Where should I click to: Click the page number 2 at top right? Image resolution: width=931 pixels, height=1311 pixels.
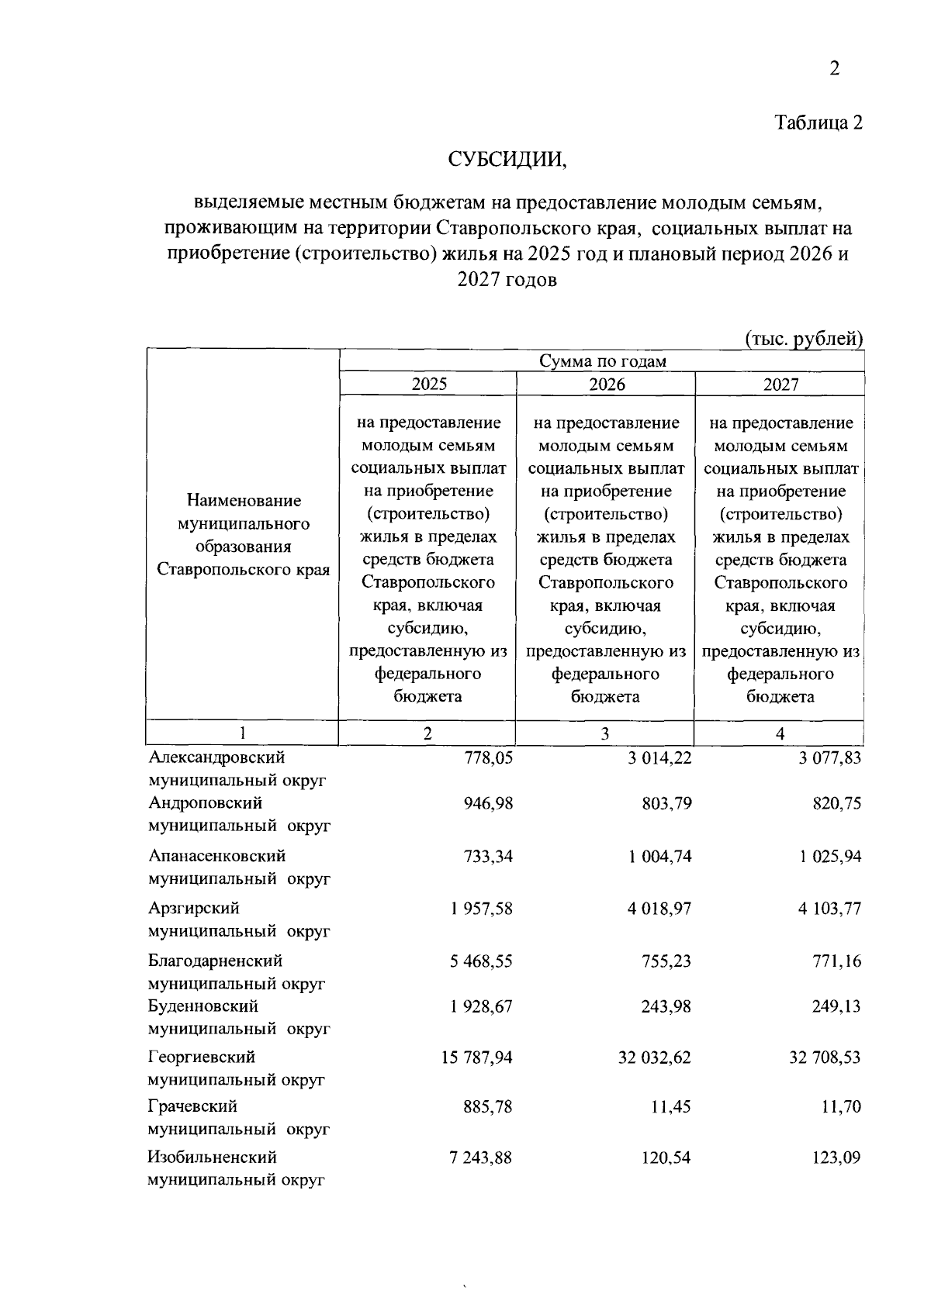(835, 70)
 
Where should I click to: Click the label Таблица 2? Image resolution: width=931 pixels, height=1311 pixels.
(819, 123)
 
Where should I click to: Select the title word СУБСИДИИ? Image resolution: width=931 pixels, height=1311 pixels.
(507, 160)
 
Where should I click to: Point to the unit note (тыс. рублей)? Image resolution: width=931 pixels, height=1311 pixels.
(804, 339)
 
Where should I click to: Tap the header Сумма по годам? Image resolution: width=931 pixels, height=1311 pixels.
(603, 361)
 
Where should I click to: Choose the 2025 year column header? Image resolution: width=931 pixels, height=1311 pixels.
(429, 384)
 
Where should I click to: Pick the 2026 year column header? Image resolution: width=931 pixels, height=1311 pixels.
(607, 385)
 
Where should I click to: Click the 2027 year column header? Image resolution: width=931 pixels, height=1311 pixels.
(780, 385)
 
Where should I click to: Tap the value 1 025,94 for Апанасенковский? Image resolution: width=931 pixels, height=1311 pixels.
(829, 857)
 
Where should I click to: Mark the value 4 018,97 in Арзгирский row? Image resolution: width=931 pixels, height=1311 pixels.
(659, 909)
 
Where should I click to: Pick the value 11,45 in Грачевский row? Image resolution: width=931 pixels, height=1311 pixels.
(671, 1107)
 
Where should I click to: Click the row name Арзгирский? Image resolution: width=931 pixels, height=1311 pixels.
(194, 909)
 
